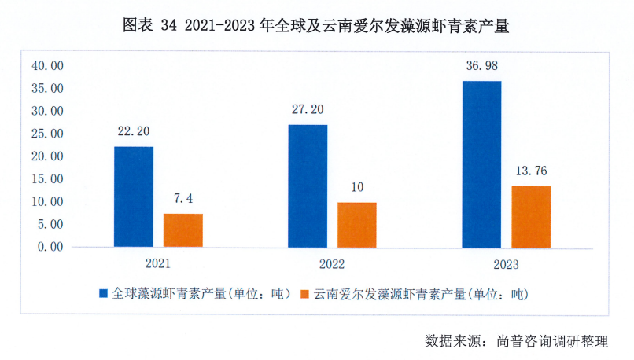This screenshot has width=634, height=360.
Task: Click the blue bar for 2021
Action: tap(134, 197)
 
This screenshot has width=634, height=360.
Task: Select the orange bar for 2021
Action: tap(183, 230)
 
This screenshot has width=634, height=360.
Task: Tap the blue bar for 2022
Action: tap(308, 186)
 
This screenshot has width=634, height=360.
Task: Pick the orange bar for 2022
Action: tap(357, 225)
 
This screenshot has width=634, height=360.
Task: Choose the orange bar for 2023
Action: tap(531, 216)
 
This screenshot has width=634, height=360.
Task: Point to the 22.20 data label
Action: tap(133, 131)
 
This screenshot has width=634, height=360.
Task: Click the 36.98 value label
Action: tap(481, 65)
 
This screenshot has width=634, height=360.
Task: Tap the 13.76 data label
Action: tap(531, 171)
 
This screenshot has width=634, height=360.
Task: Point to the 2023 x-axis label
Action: tap(506, 263)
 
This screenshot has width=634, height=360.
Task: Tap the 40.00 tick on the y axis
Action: tap(47, 66)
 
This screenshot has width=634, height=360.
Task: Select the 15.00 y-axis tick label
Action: tap(47, 179)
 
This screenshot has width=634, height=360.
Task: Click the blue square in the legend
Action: tap(103, 294)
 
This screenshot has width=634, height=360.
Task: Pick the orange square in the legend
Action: tap(304, 294)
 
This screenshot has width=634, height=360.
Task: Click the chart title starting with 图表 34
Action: tap(316, 25)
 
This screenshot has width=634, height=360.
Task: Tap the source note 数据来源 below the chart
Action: tap(517, 341)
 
